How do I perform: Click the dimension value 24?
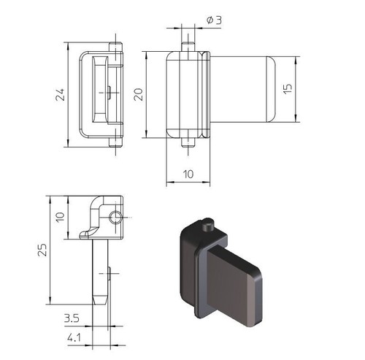pos(60,94)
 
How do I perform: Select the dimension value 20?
pos(139,94)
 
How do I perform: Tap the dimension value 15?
pos(288,88)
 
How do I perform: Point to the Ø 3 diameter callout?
pos(214,20)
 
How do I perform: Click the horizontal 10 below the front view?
pos(188,174)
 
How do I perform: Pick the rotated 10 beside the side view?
pos(60,217)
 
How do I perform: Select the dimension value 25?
pos(42,250)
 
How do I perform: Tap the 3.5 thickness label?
pos(72,318)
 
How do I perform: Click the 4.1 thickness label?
pos(74,337)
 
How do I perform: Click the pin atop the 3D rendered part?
pos(208,225)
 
